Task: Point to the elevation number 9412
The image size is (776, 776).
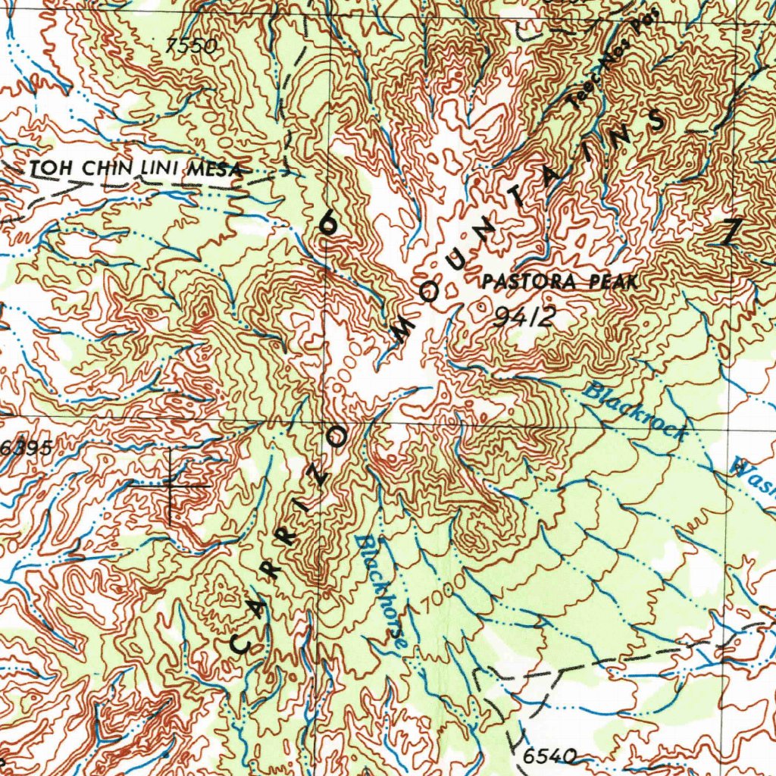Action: tap(524, 317)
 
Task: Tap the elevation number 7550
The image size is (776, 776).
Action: tap(192, 47)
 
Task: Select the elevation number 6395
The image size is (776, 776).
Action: tap(26, 448)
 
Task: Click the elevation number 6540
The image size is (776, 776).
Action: tap(549, 756)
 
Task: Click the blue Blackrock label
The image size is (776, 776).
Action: tap(637, 411)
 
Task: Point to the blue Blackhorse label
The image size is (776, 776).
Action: tap(383, 591)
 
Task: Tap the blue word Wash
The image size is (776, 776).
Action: tap(754, 477)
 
